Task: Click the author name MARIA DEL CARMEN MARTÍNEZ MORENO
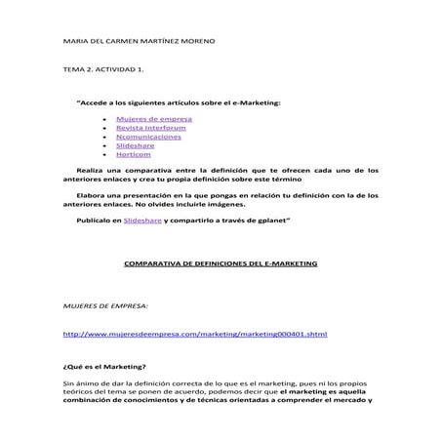138,43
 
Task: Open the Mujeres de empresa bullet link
160,119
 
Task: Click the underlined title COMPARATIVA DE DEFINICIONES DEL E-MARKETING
221,263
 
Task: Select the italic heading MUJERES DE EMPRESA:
105,305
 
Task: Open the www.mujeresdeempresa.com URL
194,334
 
